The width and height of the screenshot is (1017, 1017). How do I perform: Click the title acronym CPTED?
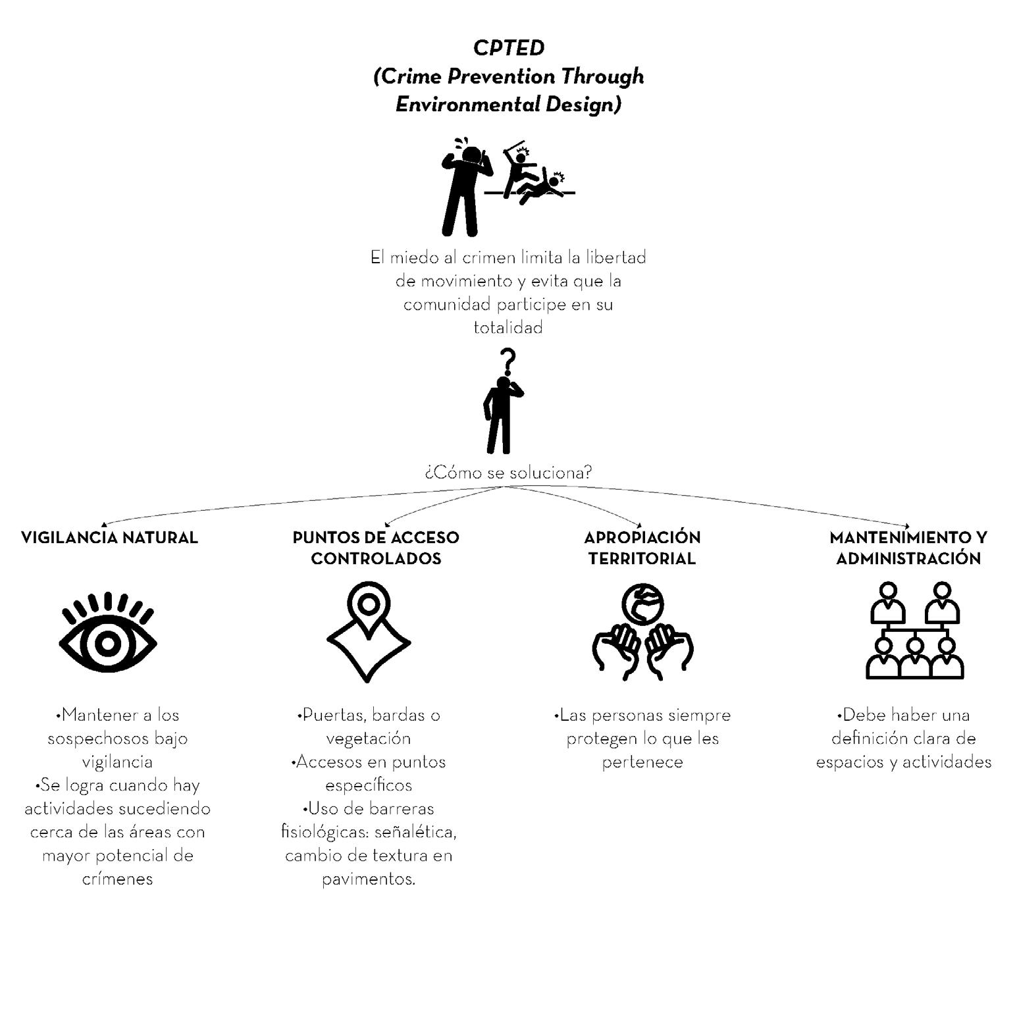[509, 48]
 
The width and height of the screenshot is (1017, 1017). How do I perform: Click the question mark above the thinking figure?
[507, 362]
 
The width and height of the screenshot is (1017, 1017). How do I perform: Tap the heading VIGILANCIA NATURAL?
[109, 537]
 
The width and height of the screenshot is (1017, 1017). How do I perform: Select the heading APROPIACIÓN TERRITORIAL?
[642, 548]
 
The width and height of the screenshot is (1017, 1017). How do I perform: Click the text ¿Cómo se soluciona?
[508, 473]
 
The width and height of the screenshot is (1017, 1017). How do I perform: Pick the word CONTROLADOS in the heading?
[376, 558]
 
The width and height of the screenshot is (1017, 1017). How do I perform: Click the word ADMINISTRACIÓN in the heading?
[908, 558]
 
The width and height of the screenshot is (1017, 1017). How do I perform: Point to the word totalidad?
[508, 328]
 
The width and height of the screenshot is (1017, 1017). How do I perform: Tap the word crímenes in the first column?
[118, 879]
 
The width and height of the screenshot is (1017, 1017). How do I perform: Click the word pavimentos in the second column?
[368, 879]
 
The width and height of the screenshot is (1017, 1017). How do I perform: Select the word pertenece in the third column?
[642, 762]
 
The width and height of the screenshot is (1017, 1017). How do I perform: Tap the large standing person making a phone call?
[463, 188]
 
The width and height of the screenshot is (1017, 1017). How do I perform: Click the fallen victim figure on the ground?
[541, 188]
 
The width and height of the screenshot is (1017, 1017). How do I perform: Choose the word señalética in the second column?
[415, 832]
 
